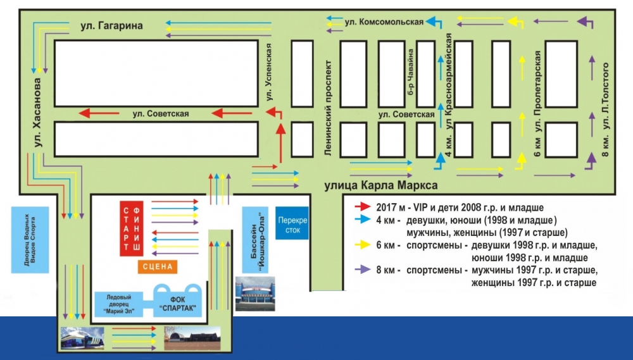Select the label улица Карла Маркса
380,185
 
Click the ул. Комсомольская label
384,22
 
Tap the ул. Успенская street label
268,72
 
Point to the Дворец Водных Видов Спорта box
30,239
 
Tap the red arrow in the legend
362,207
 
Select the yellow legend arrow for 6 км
362,244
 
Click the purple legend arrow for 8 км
362,270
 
